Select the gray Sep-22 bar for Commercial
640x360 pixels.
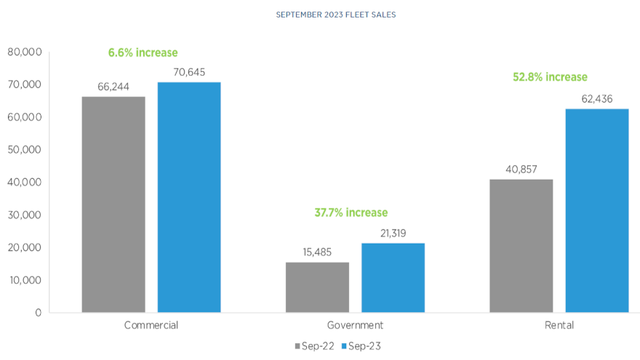coord(113,204)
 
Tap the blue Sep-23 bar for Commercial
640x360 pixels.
coord(189,197)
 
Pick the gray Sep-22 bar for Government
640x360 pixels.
coord(317,287)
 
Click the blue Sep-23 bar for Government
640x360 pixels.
coord(393,278)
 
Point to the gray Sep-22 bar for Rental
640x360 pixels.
coord(521,246)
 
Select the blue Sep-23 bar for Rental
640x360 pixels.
coord(597,211)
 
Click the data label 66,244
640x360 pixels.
coord(113,87)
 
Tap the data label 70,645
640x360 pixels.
coord(189,72)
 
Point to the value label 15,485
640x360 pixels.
coord(317,252)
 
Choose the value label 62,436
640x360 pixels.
coord(597,99)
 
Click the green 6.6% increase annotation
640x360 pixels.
coord(143,52)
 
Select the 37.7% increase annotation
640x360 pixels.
coord(351,212)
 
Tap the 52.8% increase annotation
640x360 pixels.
coord(550,76)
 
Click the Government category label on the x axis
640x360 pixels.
coord(355,325)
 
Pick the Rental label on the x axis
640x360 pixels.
coord(559,325)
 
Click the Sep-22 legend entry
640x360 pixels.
coord(315,346)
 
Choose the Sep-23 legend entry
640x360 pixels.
coord(361,346)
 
